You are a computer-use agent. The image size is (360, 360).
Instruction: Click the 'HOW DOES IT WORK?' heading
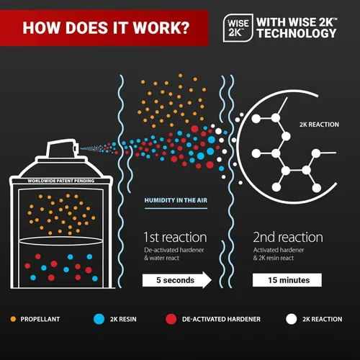(x=106, y=27)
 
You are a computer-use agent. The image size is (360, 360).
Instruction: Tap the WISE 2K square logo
(x=238, y=28)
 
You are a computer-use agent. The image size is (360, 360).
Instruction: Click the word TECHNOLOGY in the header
(x=297, y=33)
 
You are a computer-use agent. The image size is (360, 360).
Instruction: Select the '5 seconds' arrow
(x=177, y=280)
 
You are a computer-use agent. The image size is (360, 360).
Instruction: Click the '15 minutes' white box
(x=287, y=280)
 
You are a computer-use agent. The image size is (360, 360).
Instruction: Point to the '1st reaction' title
(x=175, y=237)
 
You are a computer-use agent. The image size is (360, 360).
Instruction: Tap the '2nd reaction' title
(x=288, y=237)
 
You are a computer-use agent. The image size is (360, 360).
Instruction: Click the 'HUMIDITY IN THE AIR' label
(x=176, y=200)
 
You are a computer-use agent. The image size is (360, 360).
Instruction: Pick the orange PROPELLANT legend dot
(x=13, y=319)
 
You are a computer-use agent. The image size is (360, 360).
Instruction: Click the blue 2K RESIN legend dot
(x=99, y=319)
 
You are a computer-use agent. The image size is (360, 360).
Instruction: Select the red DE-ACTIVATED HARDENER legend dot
(x=171, y=319)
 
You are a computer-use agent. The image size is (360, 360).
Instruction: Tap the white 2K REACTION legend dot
(x=292, y=319)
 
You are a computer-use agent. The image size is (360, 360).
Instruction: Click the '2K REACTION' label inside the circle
(x=319, y=125)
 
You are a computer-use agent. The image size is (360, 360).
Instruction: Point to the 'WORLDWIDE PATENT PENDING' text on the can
(x=61, y=181)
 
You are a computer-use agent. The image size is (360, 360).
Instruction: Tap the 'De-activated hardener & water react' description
(x=174, y=254)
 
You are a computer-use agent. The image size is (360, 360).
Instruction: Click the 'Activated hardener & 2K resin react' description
(x=279, y=254)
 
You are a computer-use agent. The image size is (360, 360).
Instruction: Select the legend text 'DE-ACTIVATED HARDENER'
(x=221, y=319)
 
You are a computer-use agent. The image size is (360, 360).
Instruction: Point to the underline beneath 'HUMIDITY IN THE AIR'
(x=176, y=208)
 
